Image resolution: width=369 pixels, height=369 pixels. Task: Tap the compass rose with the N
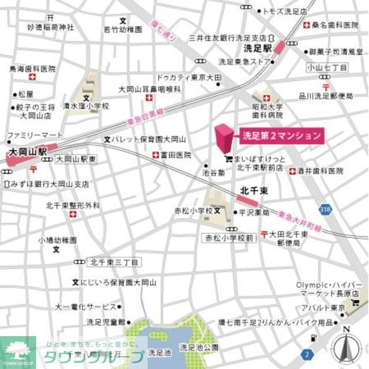pos(347,348)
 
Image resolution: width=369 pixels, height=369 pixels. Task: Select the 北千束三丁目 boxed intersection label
pos(114,262)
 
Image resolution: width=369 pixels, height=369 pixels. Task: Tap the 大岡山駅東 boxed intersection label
pos(76,159)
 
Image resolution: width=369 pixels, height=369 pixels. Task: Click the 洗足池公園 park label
pos(199,347)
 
